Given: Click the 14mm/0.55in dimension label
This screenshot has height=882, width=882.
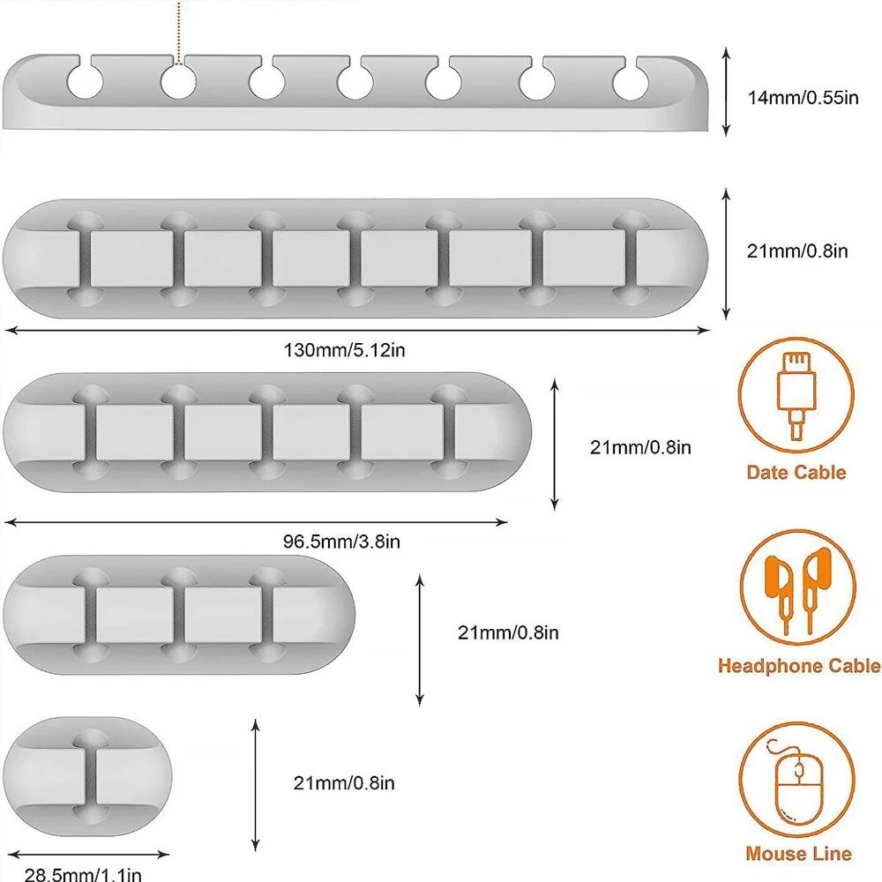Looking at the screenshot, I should [803, 97].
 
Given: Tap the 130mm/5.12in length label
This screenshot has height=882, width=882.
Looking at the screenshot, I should [344, 350].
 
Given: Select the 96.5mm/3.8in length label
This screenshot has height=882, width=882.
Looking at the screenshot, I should [341, 542].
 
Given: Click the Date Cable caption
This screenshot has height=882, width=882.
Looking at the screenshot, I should [796, 473].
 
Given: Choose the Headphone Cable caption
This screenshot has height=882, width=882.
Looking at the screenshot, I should [799, 666].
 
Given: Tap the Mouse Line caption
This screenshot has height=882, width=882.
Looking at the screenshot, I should [798, 853].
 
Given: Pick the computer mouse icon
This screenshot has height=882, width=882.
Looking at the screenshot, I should [796, 781].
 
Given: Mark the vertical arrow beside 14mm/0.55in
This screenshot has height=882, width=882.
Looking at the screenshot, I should [726, 92].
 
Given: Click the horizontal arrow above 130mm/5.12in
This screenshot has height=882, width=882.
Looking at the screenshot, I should [357, 331].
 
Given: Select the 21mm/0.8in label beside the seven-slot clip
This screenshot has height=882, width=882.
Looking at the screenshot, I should [797, 251].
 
